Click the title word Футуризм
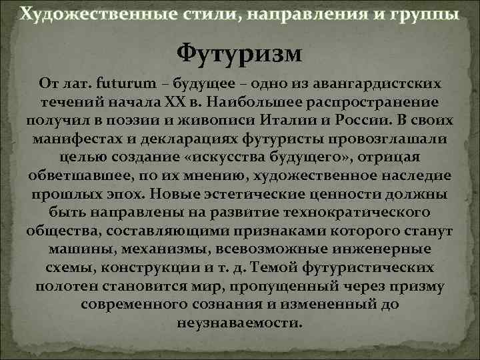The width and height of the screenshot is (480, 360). [239, 52]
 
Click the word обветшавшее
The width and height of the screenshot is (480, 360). [71, 176]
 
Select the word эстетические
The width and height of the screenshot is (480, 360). [249, 195]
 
